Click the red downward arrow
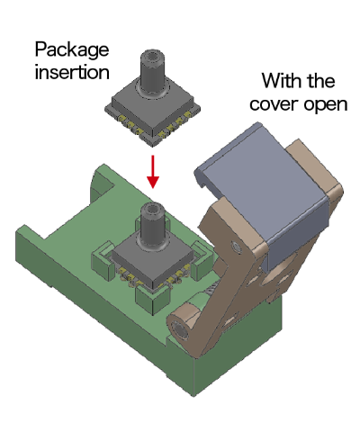[x=153, y=171]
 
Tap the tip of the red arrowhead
[x=153, y=190]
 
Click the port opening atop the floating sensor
[x=149, y=57]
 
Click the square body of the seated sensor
[x=153, y=256]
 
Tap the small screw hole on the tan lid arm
[x=236, y=245]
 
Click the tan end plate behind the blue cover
[x=319, y=175]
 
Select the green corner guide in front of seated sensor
[x=148, y=297]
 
